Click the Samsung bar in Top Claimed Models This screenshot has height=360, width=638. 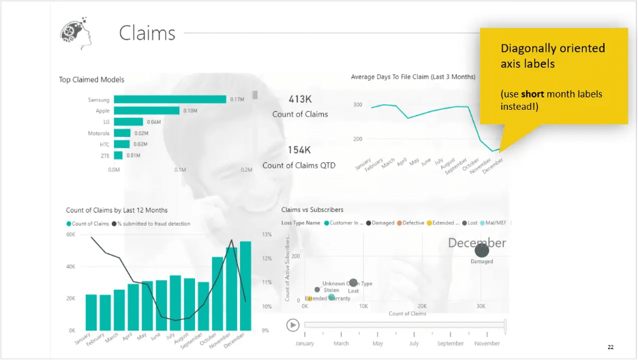click(x=170, y=100)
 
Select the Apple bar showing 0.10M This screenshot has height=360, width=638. click(x=147, y=110)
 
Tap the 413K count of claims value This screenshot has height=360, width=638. click(x=300, y=100)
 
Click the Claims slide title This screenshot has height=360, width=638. click(x=147, y=33)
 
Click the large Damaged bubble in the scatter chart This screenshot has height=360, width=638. click(x=482, y=251)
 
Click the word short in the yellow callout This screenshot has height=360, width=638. click(x=532, y=93)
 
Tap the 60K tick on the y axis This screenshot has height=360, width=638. click(x=70, y=235)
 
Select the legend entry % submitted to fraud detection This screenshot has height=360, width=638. click(x=154, y=224)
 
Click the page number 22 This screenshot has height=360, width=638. click(x=611, y=348)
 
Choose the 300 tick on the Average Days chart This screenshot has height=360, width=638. click(x=358, y=104)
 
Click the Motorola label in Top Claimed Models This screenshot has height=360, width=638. click(x=98, y=133)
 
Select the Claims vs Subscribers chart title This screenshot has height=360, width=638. click(x=312, y=210)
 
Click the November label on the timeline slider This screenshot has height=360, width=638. click(x=487, y=344)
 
